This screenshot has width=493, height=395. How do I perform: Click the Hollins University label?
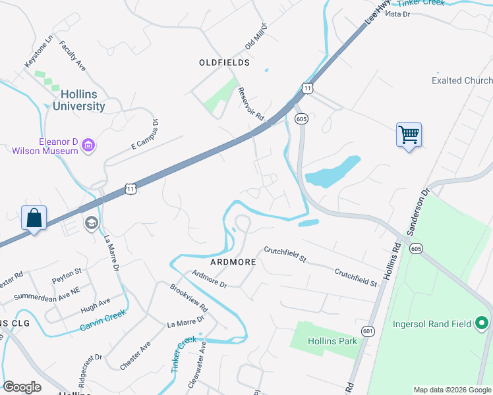tap(78, 100)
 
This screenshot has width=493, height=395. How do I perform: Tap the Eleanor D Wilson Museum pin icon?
tap(89, 145)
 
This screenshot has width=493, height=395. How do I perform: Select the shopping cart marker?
tap(409, 136)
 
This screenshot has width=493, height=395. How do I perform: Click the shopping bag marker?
tap(34, 218)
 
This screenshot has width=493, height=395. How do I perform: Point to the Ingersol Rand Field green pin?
tap(482, 323)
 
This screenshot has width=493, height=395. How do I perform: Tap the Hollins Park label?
tap(332, 341)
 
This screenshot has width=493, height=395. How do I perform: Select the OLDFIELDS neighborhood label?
tap(224, 63)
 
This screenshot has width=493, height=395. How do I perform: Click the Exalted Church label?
tap(462, 80)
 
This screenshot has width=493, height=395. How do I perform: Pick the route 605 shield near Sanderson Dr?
tap(415, 248)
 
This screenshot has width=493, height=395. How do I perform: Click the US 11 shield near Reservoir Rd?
tap(307, 88)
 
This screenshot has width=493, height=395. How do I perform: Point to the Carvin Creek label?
tap(103, 320)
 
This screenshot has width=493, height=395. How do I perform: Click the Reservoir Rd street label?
tap(250, 104)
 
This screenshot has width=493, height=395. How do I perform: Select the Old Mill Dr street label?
tap(256, 36)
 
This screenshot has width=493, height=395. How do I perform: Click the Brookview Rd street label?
tap(188, 298)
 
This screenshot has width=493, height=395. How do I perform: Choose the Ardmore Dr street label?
tap(208, 280)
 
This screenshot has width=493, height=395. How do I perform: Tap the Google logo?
tap(22, 387)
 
